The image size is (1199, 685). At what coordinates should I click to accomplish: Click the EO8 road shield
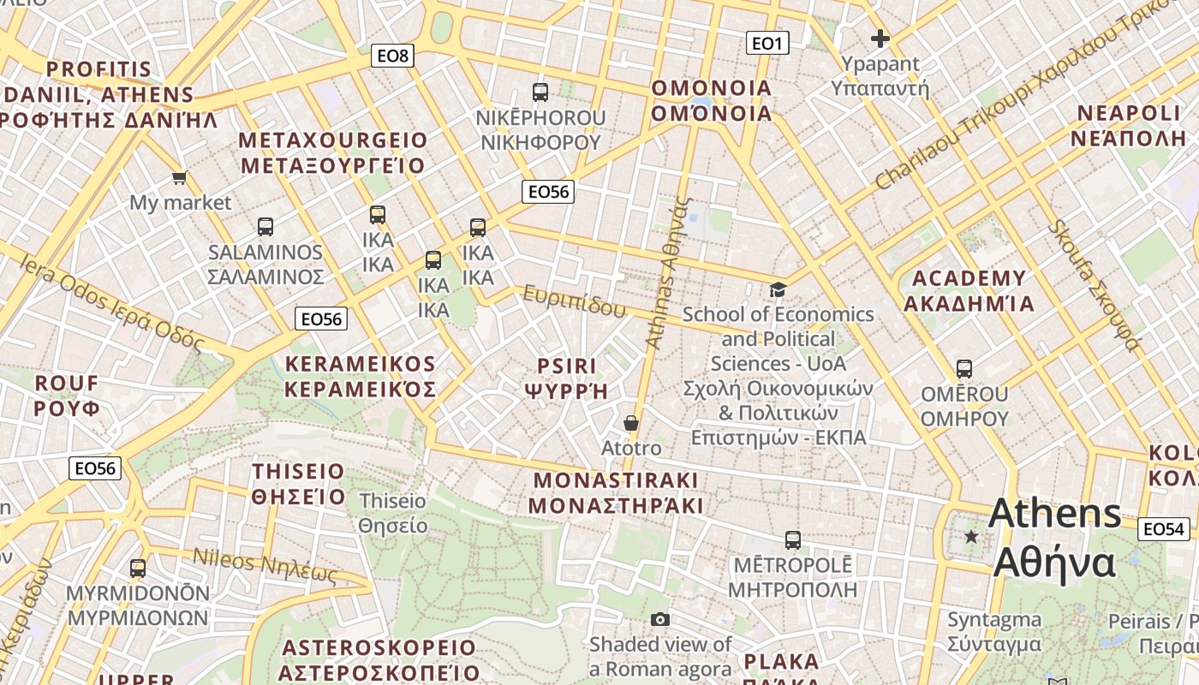pyautogui.click(x=393, y=57)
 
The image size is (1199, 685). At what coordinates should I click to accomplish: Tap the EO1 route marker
pyautogui.click(x=767, y=43)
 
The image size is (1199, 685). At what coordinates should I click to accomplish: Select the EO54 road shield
pyautogui.click(x=1164, y=529)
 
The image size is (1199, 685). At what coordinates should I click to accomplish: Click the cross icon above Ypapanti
pyautogui.click(x=880, y=39)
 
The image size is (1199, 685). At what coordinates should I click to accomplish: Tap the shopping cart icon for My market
pyautogui.click(x=179, y=178)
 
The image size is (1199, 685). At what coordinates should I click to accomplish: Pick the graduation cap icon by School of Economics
pyautogui.click(x=778, y=290)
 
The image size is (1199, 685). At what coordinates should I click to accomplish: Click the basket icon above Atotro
pyautogui.click(x=631, y=423)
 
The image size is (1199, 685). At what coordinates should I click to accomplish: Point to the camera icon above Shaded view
pyautogui.click(x=659, y=619)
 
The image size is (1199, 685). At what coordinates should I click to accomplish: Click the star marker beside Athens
pyautogui.click(x=971, y=537)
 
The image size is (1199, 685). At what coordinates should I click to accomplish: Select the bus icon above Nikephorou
pyautogui.click(x=540, y=92)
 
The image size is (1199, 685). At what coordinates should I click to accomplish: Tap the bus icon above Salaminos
pyautogui.click(x=265, y=227)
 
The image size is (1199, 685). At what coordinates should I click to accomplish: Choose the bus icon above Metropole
pyautogui.click(x=793, y=540)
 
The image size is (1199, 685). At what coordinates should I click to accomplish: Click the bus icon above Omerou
pyautogui.click(x=964, y=369)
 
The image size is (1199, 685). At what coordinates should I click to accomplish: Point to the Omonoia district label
pyautogui.click(x=712, y=101)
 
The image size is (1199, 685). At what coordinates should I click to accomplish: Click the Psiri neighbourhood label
pyautogui.click(x=566, y=378)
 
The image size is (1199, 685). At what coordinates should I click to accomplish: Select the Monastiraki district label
pyautogui.click(x=616, y=492)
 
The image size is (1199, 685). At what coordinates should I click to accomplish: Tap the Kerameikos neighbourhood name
pyautogui.click(x=361, y=377)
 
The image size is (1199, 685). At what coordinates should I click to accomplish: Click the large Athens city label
pyautogui.click(x=1055, y=539)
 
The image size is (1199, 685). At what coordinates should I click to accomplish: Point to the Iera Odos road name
pyautogui.click(x=112, y=304)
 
